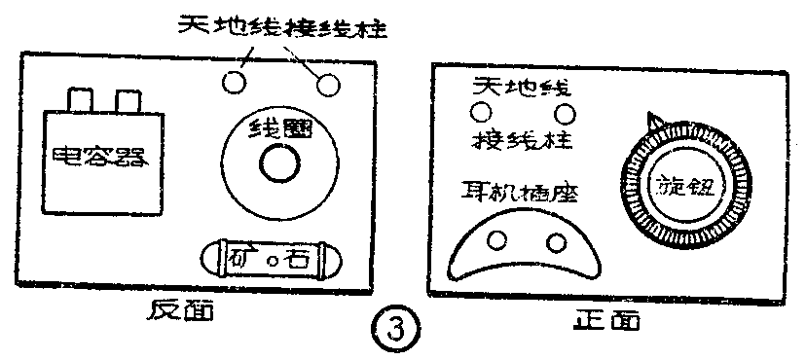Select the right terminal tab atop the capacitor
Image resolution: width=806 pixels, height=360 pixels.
point(128,99)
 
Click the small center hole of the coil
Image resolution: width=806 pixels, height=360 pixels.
point(277,162)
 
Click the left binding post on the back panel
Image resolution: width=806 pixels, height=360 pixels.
point(233,81)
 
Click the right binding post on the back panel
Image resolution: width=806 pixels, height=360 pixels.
point(327,84)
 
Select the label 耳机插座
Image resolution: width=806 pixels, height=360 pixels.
point(520,193)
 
